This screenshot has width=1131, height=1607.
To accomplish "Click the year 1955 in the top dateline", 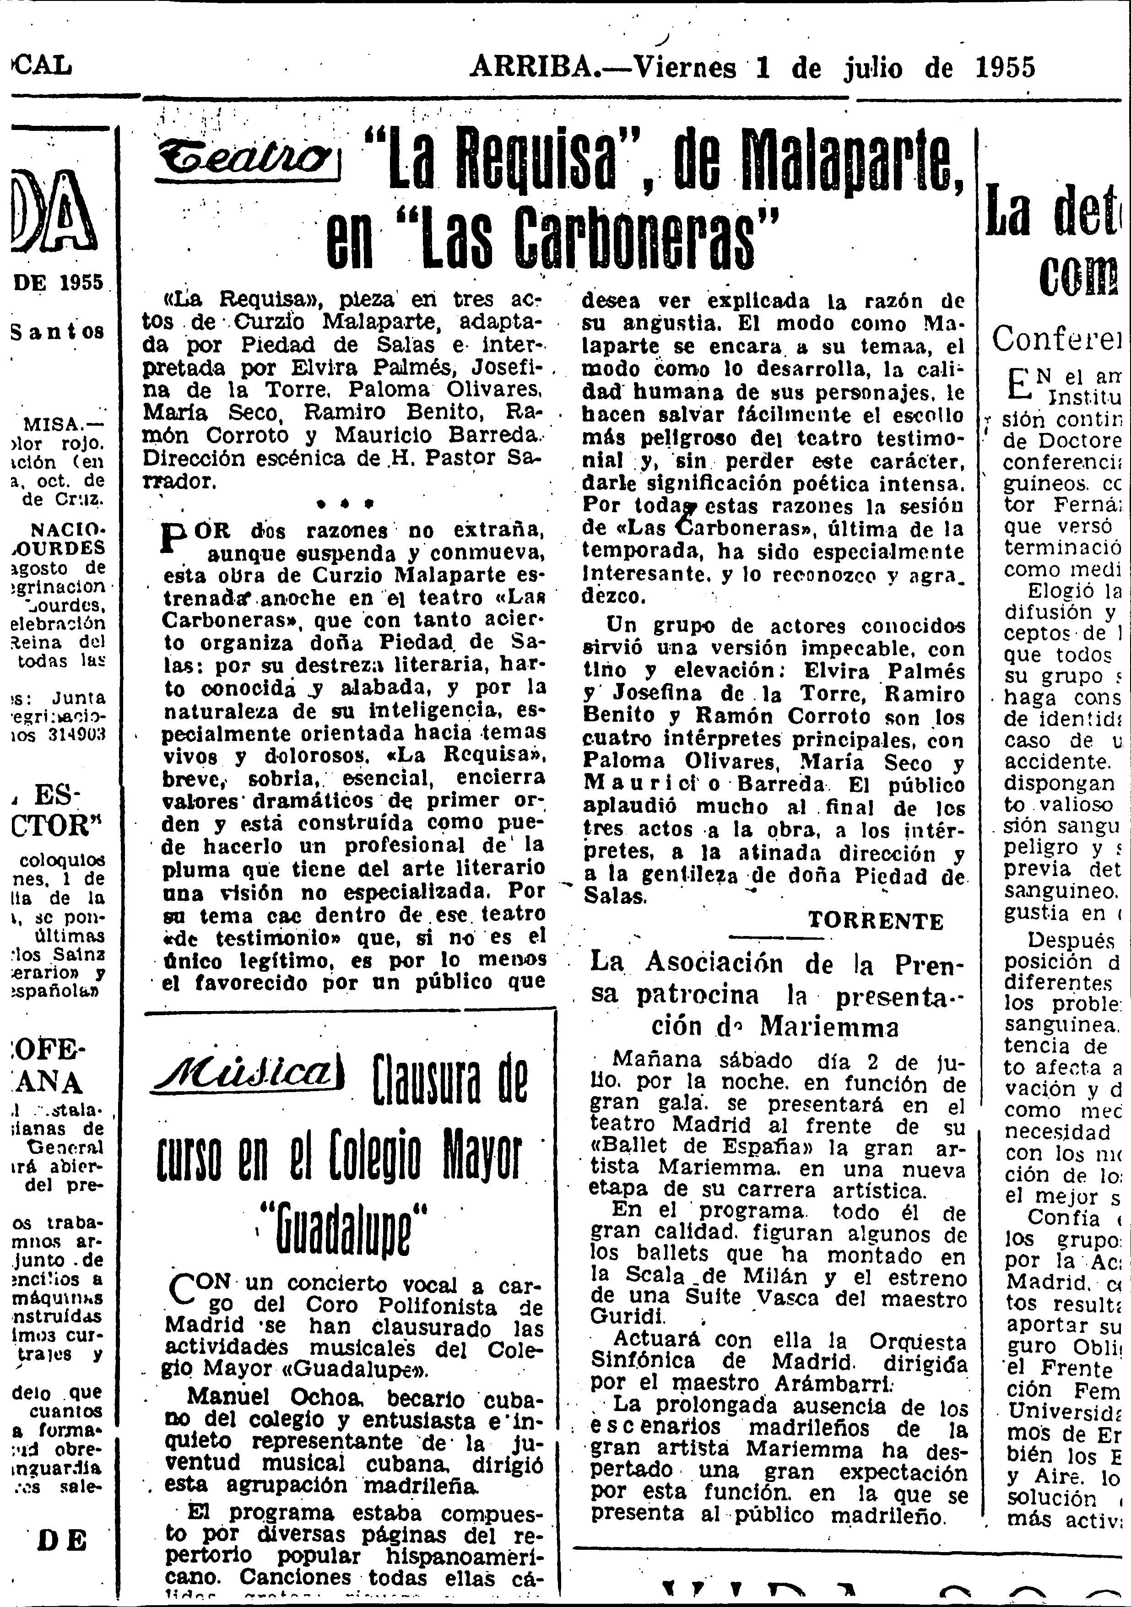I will (x=1005, y=68).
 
